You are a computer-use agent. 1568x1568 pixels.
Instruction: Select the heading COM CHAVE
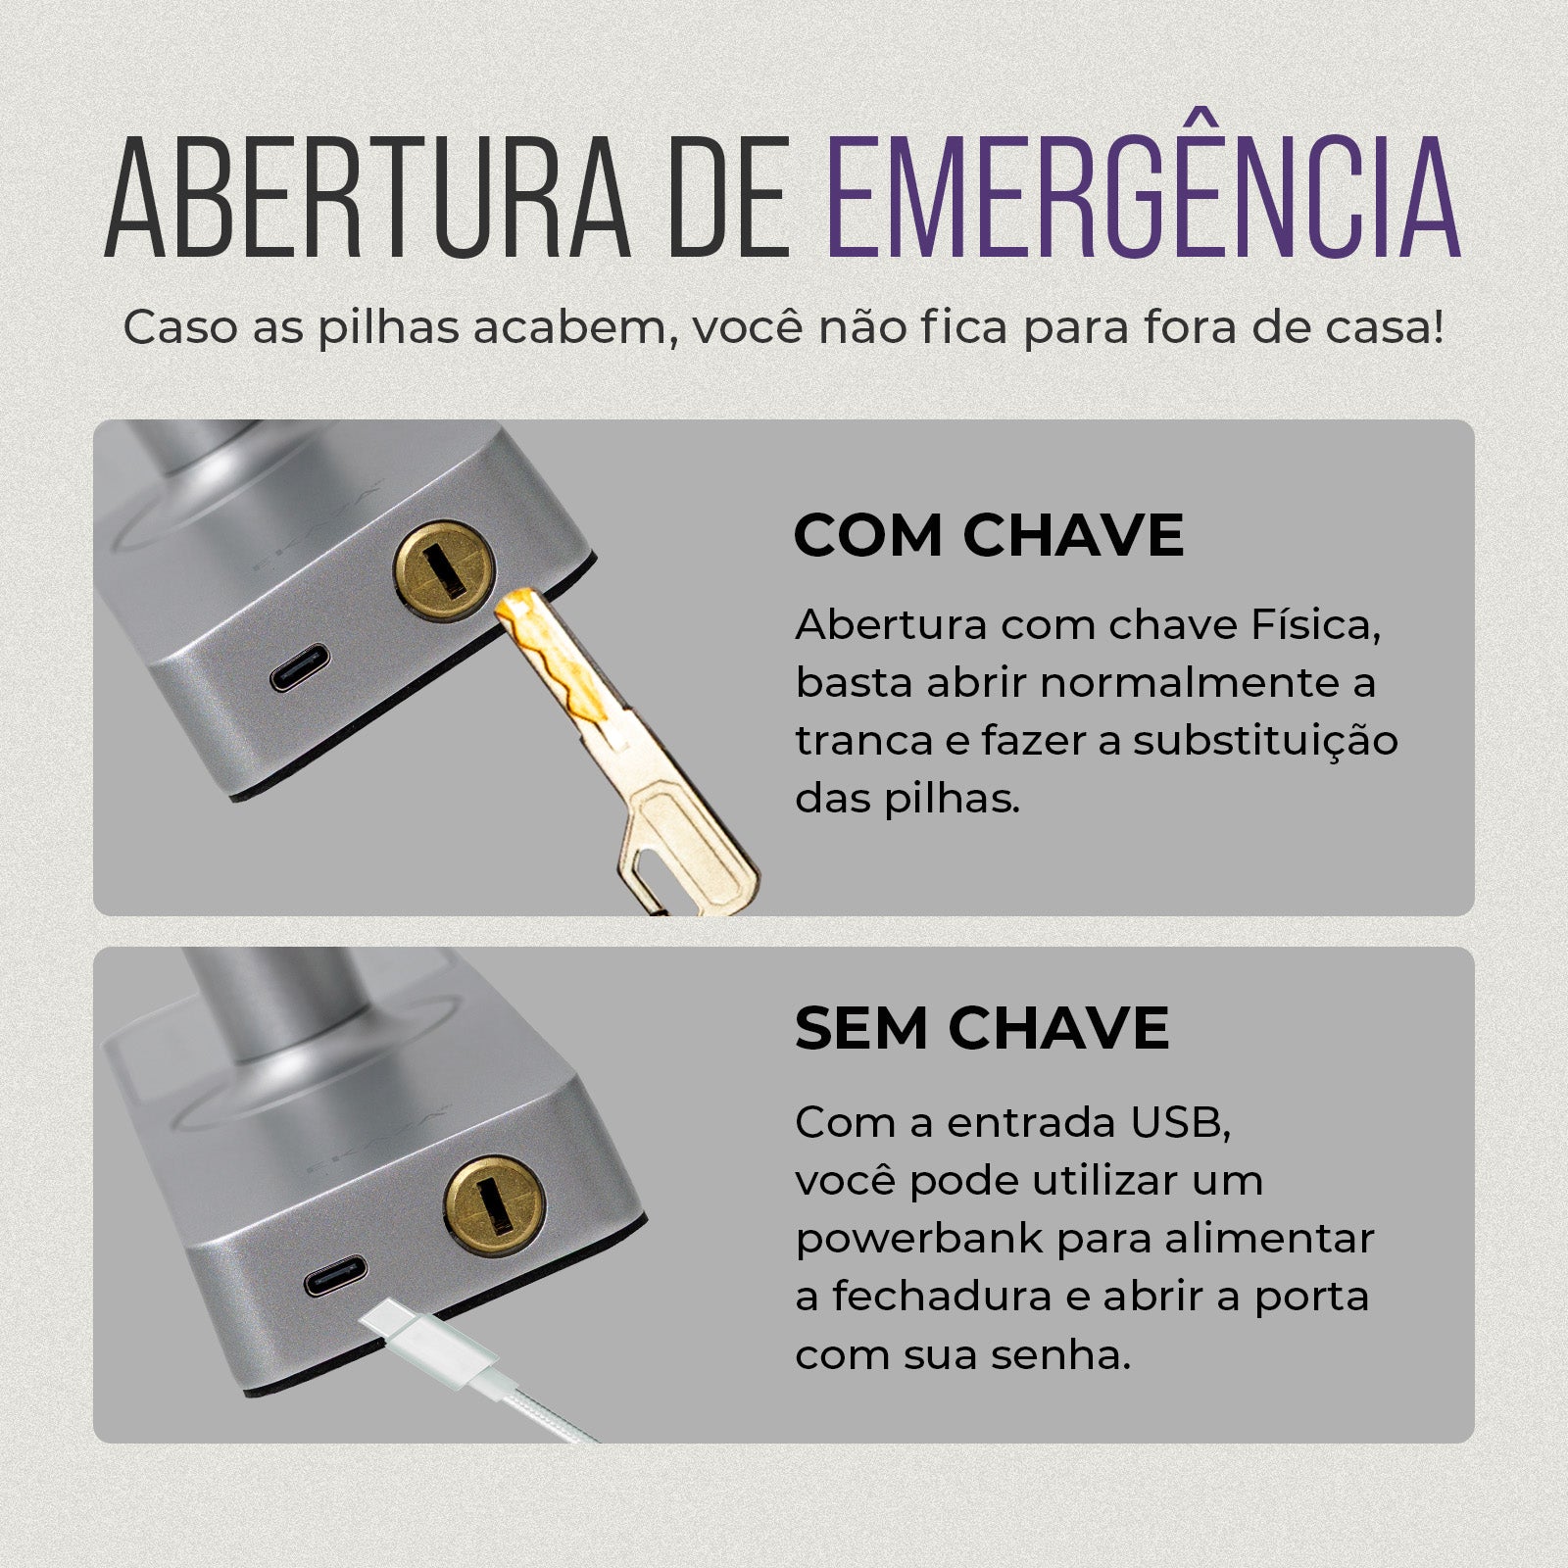(x=988, y=535)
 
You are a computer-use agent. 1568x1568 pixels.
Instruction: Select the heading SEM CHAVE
(x=982, y=1028)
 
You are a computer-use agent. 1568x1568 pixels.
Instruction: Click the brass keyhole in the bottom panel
(x=495, y=1205)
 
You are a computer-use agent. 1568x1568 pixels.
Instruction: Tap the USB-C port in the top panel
(x=300, y=666)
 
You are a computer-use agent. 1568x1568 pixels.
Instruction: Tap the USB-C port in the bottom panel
(x=335, y=1276)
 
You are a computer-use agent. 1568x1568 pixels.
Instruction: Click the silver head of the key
(x=686, y=843)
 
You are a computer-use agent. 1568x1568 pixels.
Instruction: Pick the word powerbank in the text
(x=918, y=1239)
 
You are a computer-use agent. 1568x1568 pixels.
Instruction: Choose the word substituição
(x=1265, y=741)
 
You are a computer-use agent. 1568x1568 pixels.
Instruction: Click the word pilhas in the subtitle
(x=387, y=328)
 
